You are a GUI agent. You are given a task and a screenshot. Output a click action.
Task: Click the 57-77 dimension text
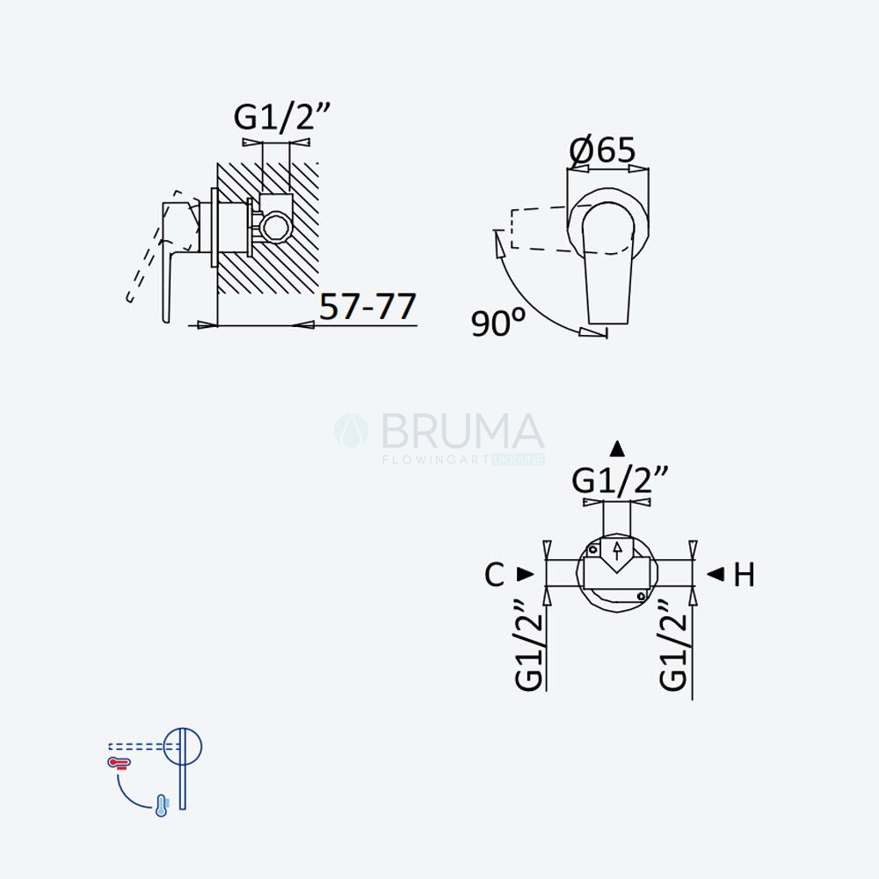pyautogui.click(x=367, y=306)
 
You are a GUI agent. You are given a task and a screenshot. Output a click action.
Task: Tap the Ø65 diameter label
pyautogui.click(x=603, y=149)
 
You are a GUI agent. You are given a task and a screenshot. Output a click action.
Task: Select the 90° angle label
pyautogui.click(x=498, y=323)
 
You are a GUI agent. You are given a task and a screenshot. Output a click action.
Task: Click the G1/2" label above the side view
pyautogui.click(x=282, y=118)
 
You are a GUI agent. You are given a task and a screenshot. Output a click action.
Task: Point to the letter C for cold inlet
pyautogui.click(x=494, y=575)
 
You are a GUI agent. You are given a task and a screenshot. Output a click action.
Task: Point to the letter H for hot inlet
pyautogui.click(x=744, y=575)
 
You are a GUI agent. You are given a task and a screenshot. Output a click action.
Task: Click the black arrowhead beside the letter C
pyautogui.click(x=526, y=574)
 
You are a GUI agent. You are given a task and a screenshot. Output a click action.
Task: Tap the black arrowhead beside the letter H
pyautogui.click(x=716, y=574)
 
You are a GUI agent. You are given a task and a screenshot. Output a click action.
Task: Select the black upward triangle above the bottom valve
pyautogui.click(x=617, y=449)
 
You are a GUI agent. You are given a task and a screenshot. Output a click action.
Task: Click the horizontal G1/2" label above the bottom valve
pyautogui.click(x=620, y=481)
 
